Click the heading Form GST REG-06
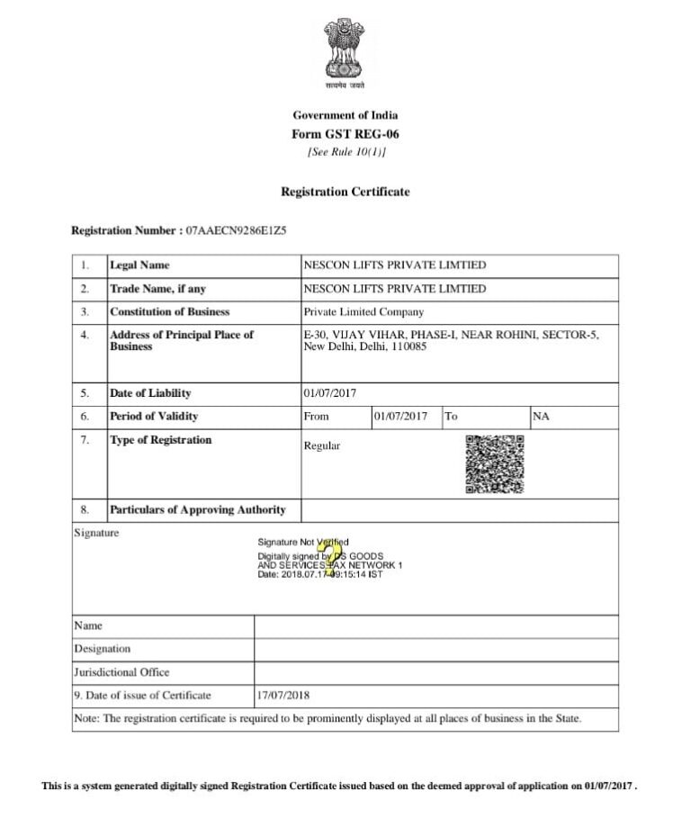point(345,134)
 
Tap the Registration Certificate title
point(345,192)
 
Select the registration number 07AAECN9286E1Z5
point(236,230)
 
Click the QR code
point(494,464)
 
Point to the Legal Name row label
point(139,265)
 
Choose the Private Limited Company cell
point(363,312)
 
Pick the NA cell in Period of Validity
point(541,417)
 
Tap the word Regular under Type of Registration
point(322,446)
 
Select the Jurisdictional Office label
point(121,672)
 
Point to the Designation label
point(102,649)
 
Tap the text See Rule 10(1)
point(345,152)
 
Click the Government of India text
point(345,115)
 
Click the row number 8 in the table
point(85,510)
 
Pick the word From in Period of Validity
point(317,417)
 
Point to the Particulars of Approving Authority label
point(198,510)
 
